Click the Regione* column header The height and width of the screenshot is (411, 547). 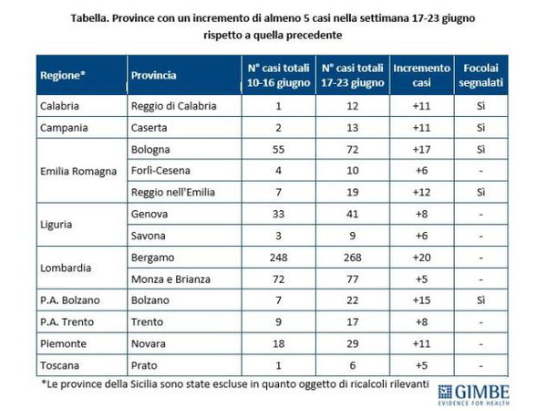pos(62,76)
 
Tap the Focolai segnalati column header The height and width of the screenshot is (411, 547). pos(480,76)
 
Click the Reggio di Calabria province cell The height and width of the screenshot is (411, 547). pos(173,106)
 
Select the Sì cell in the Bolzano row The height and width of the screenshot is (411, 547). pos(480,299)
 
